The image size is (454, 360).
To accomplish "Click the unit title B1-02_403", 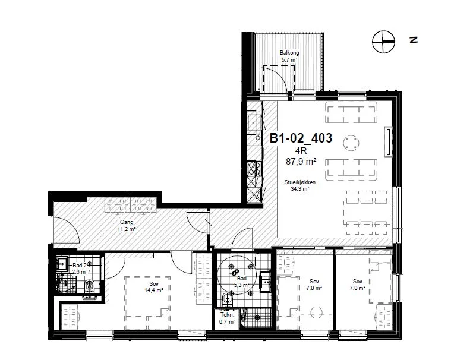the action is click(301, 138).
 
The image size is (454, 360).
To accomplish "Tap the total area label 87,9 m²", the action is click(301, 161).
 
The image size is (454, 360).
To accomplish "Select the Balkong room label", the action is click(289, 53).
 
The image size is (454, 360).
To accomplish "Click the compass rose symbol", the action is click(383, 42).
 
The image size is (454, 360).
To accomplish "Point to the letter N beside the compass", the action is click(414, 40).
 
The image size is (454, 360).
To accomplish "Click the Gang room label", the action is click(127, 222).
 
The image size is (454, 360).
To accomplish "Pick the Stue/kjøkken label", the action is click(299, 182).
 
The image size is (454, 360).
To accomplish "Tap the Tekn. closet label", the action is click(227, 315).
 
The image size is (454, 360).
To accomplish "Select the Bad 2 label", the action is click(80, 266).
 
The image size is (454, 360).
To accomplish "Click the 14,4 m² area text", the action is click(154, 290).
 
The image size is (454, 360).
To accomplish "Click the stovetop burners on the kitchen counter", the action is click(254, 169).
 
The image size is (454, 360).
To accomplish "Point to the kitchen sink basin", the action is click(251, 122).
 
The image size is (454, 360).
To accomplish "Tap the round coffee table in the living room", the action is click(352, 143).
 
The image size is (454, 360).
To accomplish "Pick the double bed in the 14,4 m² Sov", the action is click(147, 303).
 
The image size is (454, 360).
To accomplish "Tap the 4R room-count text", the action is click(301, 151).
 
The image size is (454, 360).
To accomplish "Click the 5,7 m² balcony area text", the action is click(289, 60).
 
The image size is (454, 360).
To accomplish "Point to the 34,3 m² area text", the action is click(300, 189).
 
